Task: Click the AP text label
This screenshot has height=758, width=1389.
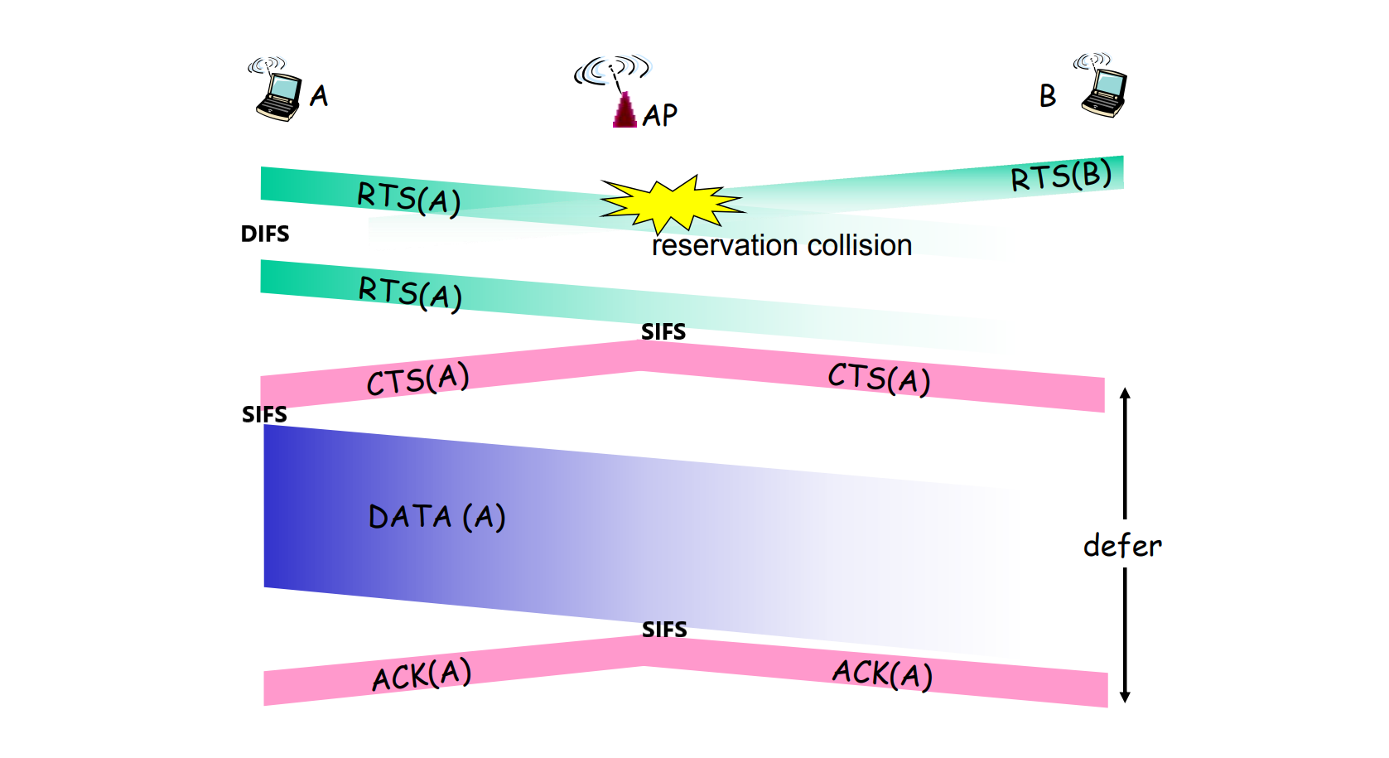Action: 660,115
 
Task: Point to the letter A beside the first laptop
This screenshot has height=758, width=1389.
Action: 319,95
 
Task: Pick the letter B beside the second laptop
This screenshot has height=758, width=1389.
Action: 1047,96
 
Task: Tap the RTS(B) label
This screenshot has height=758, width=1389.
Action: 1061,175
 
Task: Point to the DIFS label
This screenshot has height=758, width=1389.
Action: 265,234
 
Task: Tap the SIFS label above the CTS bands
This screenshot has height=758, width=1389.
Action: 663,332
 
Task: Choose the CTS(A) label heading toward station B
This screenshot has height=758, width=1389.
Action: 880,379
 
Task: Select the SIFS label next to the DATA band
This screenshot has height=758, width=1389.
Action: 264,414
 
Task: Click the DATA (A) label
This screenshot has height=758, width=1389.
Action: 437,517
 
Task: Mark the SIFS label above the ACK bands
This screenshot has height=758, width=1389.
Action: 664,630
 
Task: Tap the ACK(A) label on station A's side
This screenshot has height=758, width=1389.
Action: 422,674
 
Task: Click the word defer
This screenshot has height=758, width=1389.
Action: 1122,546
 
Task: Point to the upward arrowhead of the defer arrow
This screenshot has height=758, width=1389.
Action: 1125,393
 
